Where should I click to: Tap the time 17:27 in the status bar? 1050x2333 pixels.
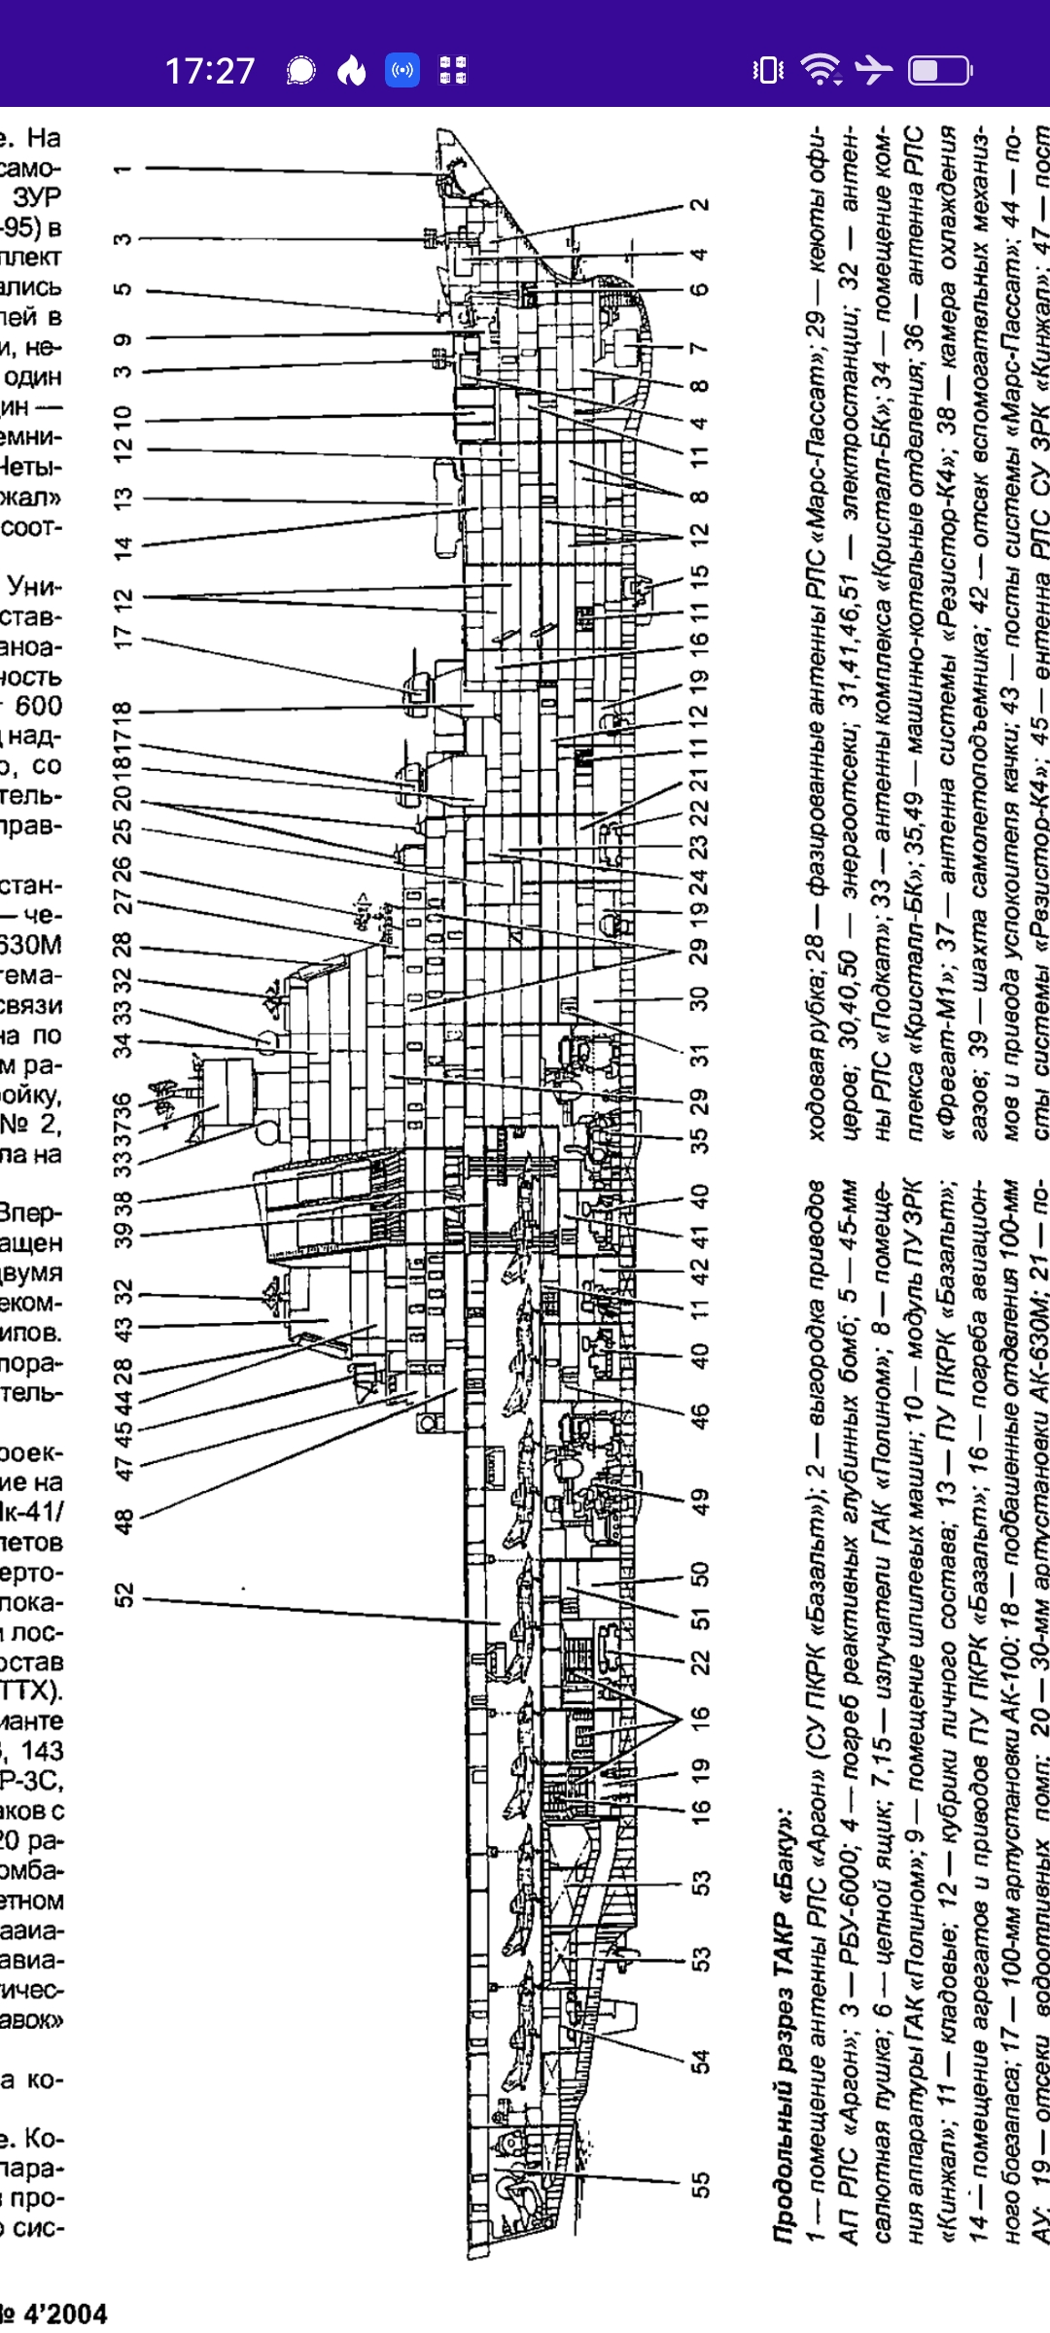209,71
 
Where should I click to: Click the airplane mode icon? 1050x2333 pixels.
872,70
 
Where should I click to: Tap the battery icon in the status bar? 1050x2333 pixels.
938,70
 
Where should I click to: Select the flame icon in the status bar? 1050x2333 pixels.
351,70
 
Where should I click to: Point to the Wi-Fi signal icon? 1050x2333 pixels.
820,70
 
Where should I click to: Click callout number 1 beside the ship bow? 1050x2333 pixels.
122,169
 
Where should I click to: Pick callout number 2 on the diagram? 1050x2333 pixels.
699,205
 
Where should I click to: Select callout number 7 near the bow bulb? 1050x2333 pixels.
699,348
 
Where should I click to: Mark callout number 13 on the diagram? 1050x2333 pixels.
122,499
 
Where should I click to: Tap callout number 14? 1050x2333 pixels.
122,546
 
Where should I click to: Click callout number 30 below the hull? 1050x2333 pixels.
699,998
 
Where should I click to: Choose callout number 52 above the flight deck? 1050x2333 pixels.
122,1595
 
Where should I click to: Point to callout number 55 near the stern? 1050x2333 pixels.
699,2184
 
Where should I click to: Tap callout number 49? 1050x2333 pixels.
699,1501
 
